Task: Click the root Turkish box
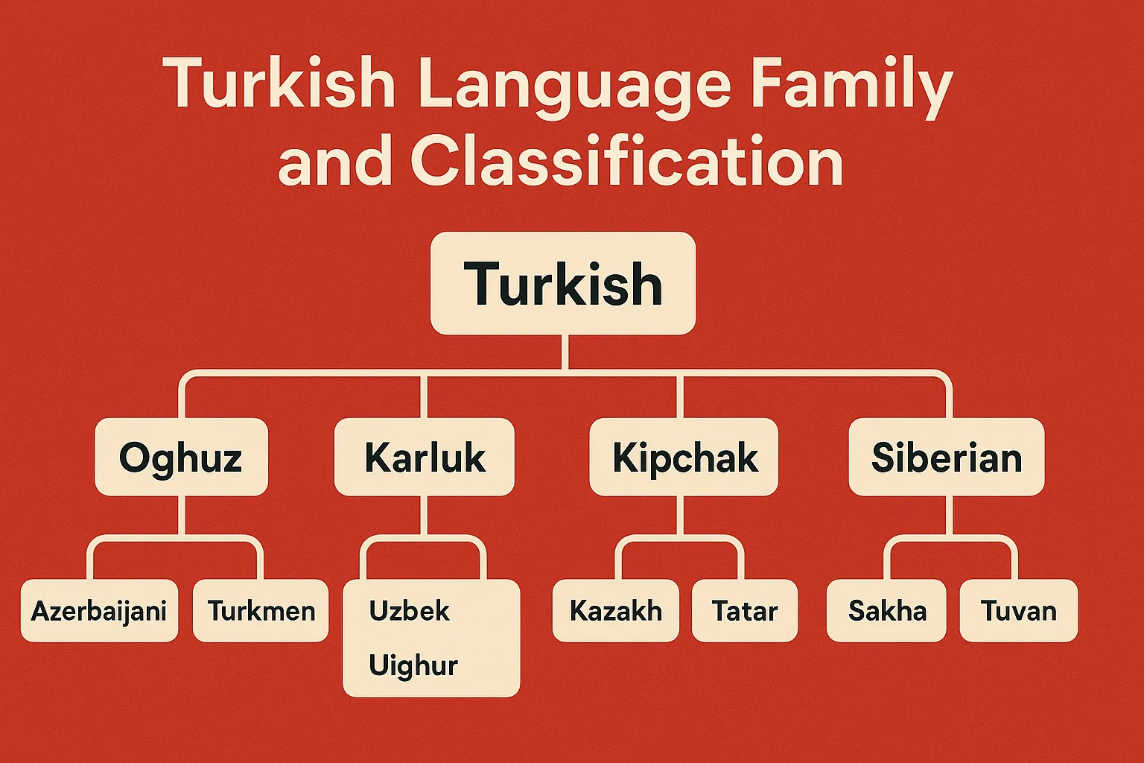[x=563, y=283]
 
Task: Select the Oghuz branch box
[x=181, y=457]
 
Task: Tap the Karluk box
[x=425, y=457]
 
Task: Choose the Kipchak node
[x=684, y=457]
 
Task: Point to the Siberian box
[x=947, y=457]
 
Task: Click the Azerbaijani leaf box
[x=99, y=610]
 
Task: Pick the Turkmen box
[x=261, y=610]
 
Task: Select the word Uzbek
[x=410, y=610]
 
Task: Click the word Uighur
[x=413, y=665]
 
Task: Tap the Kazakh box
[x=616, y=610]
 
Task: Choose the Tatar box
[x=745, y=610]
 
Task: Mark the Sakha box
[x=886, y=610]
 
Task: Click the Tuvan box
[x=1018, y=610]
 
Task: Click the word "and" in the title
[x=334, y=162]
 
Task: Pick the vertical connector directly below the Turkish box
[x=565, y=352]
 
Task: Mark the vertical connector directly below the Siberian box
[x=950, y=516]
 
